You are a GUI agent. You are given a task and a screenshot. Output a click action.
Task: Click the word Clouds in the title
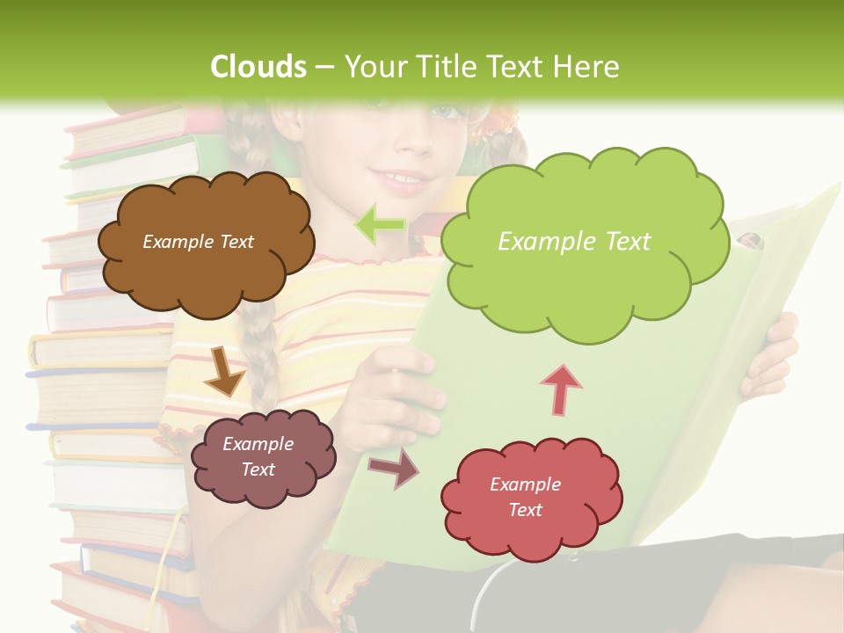click(258, 67)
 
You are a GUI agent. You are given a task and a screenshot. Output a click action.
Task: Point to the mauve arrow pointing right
click(393, 469)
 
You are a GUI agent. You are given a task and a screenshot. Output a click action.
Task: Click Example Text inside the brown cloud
click(198, 242)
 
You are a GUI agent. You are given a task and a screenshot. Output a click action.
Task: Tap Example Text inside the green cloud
click(574, 242)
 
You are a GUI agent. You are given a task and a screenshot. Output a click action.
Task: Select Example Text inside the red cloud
click(525, 497)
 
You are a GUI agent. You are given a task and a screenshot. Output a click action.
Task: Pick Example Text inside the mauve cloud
click(258, 456)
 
